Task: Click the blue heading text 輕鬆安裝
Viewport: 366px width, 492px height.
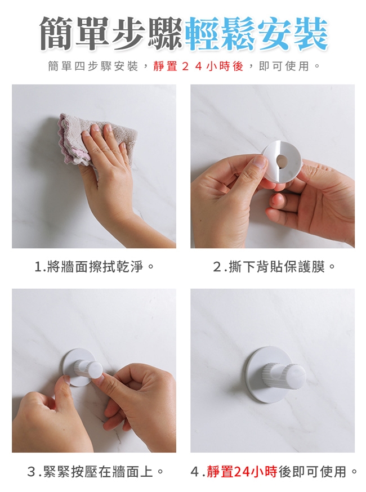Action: coord(256,34)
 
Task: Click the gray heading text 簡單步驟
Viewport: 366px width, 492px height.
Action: coord(111,34)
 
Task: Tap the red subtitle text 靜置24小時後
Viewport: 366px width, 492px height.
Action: coord(198,66)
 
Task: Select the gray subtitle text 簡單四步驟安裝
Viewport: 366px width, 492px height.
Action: coord(93,66)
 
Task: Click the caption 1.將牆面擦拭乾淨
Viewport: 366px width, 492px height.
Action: coord(94,267)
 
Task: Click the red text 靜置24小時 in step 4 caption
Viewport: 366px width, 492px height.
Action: coord(242,472)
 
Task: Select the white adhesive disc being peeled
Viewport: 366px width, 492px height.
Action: coord(282,162)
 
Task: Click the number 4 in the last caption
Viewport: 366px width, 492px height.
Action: coord(195,472)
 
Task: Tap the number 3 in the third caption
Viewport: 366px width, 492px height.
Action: coord(31,472)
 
